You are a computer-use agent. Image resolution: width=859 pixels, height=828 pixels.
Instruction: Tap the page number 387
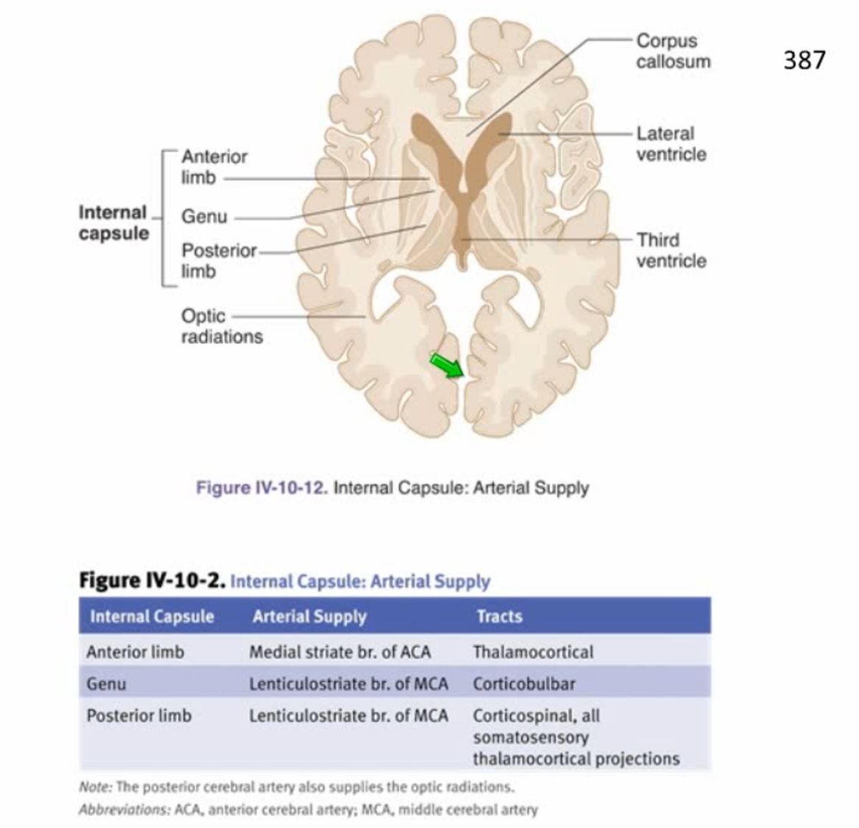tap(804, 60)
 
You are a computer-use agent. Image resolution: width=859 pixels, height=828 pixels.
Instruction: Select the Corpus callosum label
tap(673, 51)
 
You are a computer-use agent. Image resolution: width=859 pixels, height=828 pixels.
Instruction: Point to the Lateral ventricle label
tap(671, 144)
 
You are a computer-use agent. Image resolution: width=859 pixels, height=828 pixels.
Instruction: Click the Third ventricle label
tap(671, 250)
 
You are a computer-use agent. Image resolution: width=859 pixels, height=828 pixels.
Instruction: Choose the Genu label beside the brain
tap(204, 217)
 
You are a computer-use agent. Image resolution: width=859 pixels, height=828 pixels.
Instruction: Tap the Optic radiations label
tap(221, 326)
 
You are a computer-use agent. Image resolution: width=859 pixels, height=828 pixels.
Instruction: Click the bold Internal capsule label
tap(113, 223)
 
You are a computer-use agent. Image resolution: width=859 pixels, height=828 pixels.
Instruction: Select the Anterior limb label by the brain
tap(214, 167)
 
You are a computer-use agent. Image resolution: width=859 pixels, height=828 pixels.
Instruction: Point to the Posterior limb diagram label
tap(219, 261)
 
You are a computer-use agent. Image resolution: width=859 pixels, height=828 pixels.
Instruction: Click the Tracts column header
tap(499, 616)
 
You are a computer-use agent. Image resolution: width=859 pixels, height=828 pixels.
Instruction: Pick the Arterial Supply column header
tap(309, 616)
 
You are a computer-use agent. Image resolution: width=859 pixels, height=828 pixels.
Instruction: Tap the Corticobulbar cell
tap(523, 684)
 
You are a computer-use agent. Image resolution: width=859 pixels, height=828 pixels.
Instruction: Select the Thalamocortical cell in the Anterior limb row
tap(533, 652)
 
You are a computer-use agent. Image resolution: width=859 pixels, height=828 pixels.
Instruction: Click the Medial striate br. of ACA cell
tap(339, 652)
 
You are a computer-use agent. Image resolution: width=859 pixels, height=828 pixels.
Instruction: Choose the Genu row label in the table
tap(106, 684)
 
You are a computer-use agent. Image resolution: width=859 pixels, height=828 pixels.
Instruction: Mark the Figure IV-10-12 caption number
tap(261, 488)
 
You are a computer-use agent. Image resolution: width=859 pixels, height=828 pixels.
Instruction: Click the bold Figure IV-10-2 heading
tap(152, 581)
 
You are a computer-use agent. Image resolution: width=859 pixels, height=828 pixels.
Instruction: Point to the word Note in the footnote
tap(94, 787)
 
